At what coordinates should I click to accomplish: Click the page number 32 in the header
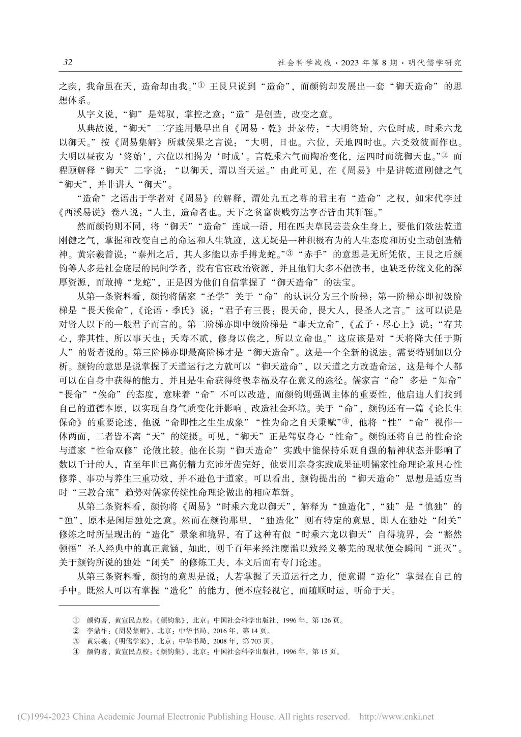pos(68,63)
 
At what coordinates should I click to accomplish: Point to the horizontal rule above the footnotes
pos(109,606)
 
